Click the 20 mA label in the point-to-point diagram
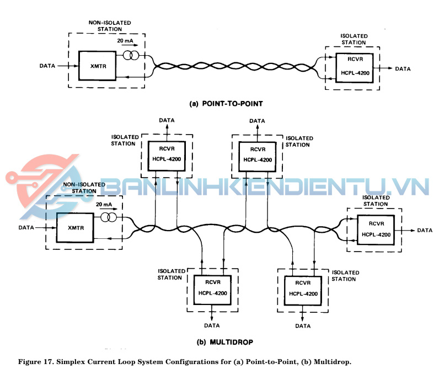(125, 42)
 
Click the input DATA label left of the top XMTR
(47, 66)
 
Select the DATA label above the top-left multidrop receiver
(167, 119)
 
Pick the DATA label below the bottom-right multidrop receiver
(302, 326)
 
